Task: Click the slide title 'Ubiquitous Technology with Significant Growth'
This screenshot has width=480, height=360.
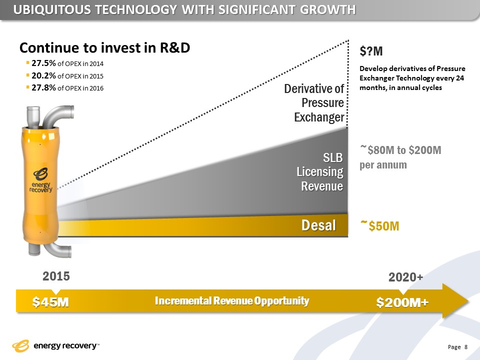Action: (x=184, y=9)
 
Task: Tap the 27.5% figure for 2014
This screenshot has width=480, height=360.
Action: (x=44, y=63)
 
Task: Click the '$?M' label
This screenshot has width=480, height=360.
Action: (x=371, y=51)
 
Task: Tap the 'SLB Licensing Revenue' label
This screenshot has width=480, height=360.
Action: (x=320, y=172)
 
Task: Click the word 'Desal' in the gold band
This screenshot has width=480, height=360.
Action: (x=318, y=225)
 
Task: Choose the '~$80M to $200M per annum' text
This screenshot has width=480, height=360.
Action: (x=400, y=156)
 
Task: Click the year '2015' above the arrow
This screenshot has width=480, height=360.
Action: (x=55, y=276)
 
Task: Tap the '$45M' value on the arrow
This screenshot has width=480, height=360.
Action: (x=50, y=302)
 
